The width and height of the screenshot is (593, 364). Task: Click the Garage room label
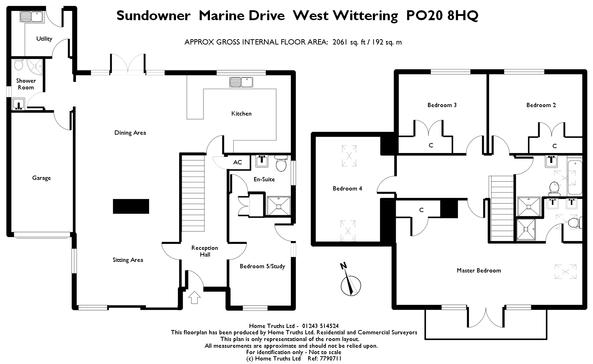(x=41, y=178)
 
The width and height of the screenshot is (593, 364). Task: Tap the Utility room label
(x=44, y=39)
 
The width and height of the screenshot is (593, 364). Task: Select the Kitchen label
(x=241, y=113)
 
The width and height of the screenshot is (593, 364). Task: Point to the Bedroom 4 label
(x=347, y=188)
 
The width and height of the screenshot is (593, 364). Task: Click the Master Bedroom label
(x=479, y=271)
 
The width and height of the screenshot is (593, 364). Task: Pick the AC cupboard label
(x=237, y=162)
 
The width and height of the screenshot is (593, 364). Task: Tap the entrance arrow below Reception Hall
(x=194, y=297)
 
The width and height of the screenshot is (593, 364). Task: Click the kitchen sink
(x=241, y=82)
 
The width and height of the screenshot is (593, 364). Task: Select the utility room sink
(x=31, y=17)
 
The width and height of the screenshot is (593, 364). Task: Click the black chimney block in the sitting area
(x=131, y=206)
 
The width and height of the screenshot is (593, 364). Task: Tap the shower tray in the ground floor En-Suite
(x=279, y=206)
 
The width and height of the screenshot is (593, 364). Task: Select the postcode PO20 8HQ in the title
(x=442, y=15)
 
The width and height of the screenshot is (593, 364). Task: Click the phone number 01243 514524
(x=320, y=326)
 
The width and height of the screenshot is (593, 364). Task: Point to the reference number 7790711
(x=330, y=358)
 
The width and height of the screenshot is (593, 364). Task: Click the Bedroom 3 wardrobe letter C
(x=431, y=145)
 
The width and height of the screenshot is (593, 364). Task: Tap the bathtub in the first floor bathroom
(x=575, y=176)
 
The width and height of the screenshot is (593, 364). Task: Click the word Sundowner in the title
(x=153, y=15)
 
